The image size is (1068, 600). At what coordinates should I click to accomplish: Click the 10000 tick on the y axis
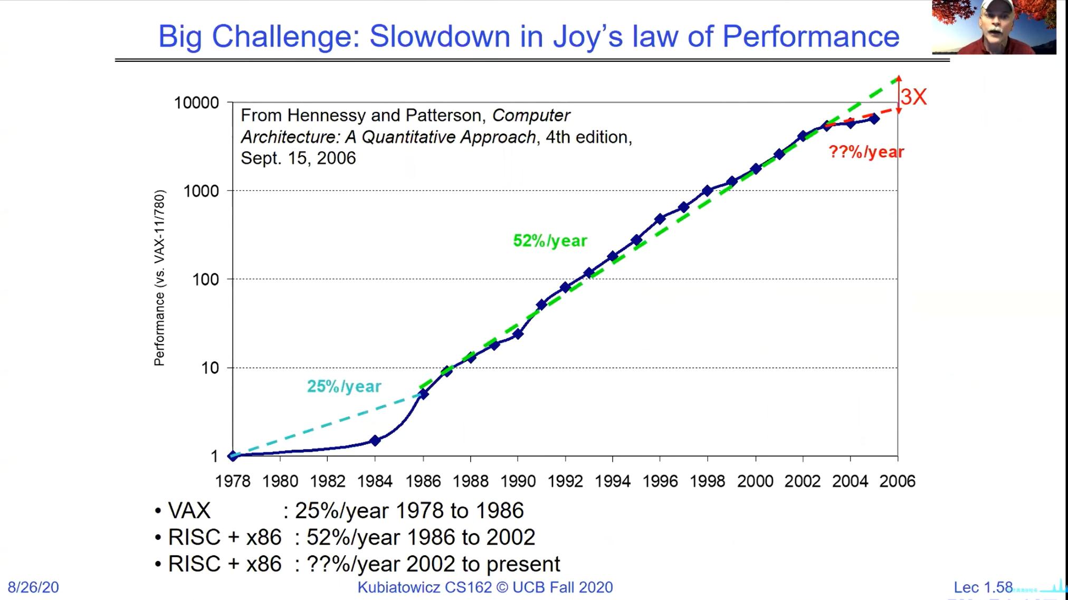pyautogui.click(x=196, y=102)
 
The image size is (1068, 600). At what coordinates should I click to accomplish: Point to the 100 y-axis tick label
pyautogui.click(x=205, y=280)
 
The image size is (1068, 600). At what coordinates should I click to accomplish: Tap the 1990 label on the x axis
pyautogui.click(x=518, y=481)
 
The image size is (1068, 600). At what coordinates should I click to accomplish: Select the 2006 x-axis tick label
pyautogui.click(x=897, y=481)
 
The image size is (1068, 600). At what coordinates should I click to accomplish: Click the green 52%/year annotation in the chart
pyautogui.click(x=550, y=241)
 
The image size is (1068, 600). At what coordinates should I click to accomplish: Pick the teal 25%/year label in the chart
pyautogui.click(x=344, y=386)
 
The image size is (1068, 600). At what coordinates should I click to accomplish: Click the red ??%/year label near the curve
pyautogui.click(x=866, y=152)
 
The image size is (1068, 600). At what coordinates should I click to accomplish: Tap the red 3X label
pyautogui.click(x=913, y=97)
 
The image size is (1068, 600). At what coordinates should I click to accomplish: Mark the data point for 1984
pyautogui.click(x=375, y=440)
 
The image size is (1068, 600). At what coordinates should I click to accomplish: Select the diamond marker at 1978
pyautogui.click(x=233, y=456)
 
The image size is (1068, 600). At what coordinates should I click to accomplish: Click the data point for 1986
pyautogui.click(x=423, y=394)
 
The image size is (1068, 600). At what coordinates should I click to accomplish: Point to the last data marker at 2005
pyautogui.click(x=874, y=119)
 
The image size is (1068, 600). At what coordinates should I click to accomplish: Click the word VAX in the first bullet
pyautogui.click(x=189, y=511)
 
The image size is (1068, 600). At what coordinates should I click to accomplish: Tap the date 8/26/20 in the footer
pyautogui.click(x=33, y=587)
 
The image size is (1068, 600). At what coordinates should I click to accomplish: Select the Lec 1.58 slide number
pyautogui.click(x=983, y=587)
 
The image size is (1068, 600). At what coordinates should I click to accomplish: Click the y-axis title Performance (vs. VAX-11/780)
pyautogui.click(x=159, y=278)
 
